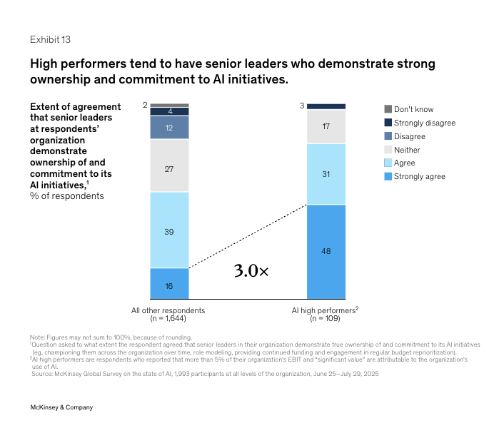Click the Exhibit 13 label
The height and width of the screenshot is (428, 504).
point(50,39)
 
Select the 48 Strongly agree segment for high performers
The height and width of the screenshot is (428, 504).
point(326,251)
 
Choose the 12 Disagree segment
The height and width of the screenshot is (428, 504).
point(169,127)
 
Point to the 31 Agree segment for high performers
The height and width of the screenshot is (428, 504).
point(326,174)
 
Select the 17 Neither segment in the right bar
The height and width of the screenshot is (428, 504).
point(326,126)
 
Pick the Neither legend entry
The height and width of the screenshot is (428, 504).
point(407,150)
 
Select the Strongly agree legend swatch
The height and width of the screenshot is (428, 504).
point(388,176)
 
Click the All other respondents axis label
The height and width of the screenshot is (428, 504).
point(168,311)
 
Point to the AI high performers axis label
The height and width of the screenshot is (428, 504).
point(325,311)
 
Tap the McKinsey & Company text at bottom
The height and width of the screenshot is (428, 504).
point(61,407)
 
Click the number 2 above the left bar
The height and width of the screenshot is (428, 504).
point(145,105)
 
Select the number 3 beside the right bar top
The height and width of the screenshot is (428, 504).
point(301,106)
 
